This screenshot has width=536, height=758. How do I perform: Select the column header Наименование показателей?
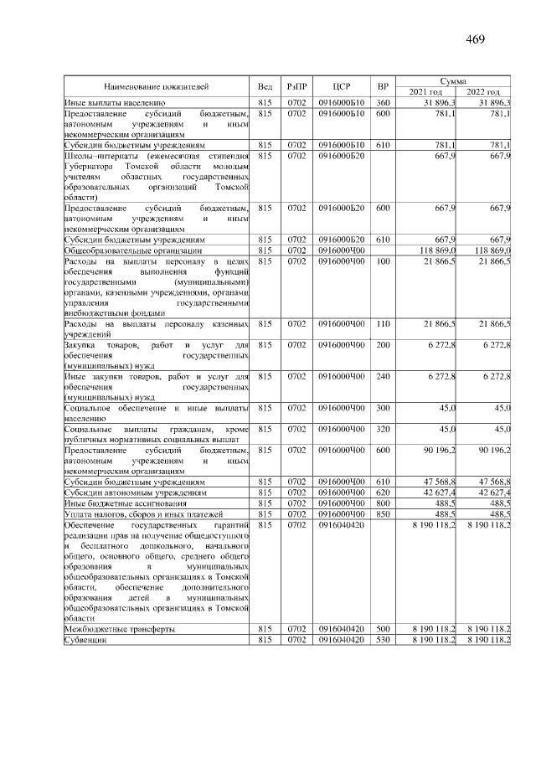coord(157,86)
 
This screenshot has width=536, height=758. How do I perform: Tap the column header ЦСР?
coord(340,86)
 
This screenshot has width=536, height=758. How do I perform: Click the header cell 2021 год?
coord(425,91)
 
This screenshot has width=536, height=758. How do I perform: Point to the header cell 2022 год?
coord(483,91)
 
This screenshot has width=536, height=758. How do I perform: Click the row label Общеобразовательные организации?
coord(133,250)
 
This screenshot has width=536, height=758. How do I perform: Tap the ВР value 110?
coord(383,323)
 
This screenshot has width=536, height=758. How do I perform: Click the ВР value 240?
coord(383,377)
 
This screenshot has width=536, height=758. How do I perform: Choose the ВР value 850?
coord(383,513)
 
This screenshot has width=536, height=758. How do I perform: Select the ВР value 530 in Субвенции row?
coord(383,640)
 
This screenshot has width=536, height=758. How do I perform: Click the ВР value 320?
coord(383,430)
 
